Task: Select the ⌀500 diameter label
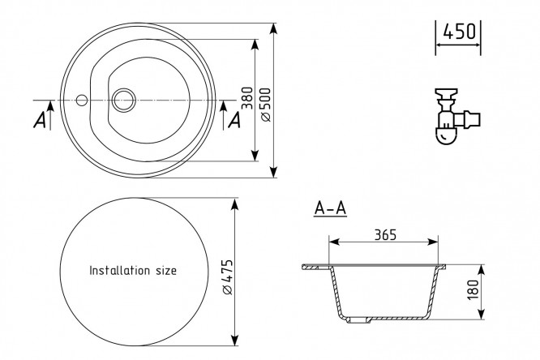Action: coord(264,101)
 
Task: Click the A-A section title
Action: coord(330,208)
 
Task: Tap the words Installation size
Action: coord(132,270)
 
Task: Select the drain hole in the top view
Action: coord(124,100)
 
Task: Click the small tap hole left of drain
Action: coord(81,100)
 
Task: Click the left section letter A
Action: coord(39,120)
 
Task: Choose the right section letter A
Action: coord(234,120)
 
